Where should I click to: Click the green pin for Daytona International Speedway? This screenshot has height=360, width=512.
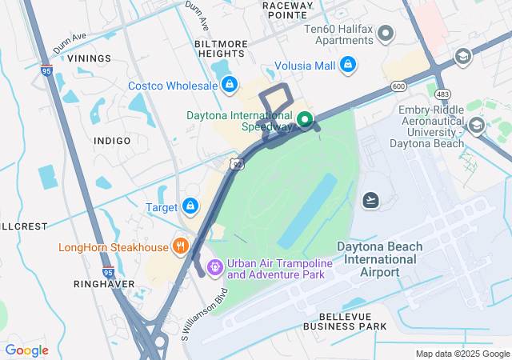click(x=305, y=120)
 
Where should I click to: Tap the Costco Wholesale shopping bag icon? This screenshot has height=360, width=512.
click(x=230, y=84)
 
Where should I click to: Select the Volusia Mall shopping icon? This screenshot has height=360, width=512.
click(x=348, y=64)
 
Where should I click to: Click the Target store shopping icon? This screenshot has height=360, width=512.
click(x=190, y=206)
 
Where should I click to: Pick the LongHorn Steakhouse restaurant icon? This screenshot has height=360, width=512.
click(x=182, y=246)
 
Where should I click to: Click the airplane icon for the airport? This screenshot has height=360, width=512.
click(x=370, y=199)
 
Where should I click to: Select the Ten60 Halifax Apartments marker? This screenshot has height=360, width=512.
click(x=386, y=33)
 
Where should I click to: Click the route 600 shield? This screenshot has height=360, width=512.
click(x=398, y=86)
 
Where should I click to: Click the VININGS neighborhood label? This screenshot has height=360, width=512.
click(x=89, y=58)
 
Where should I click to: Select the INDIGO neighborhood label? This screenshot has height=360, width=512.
click(x=112, y=141)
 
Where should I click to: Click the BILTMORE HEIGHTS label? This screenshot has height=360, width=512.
click(x=221, y=48)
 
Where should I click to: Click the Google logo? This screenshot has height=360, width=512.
click(x=27, y=350)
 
